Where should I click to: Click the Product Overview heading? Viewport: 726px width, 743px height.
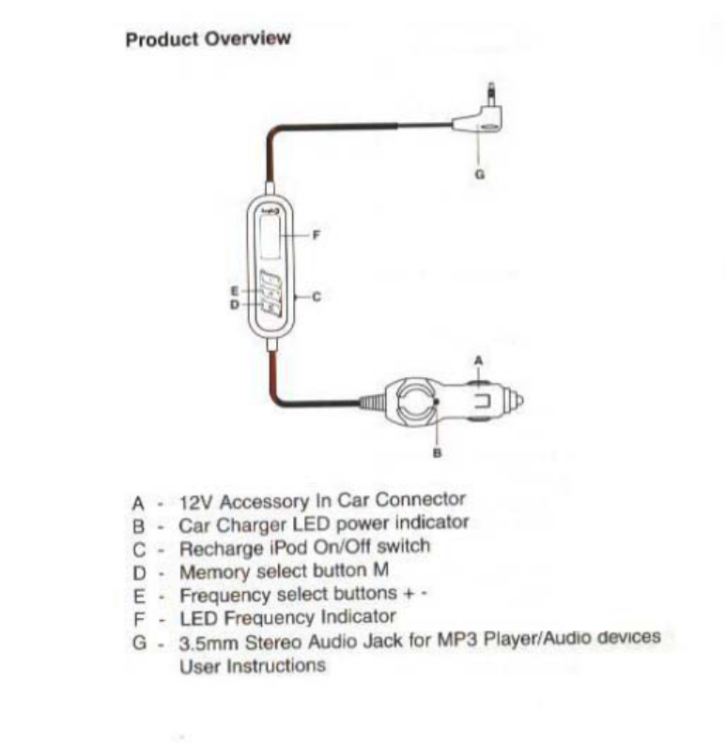pyautogui.click(x=208, y=39)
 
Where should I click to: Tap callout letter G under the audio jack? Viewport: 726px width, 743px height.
pyautogui.click(x=480, y=174)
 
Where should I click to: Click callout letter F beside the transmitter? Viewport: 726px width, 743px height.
pyautogui.click(x=316, y=235)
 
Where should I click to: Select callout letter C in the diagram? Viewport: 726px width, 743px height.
pyautogui.click(x=317, y=296)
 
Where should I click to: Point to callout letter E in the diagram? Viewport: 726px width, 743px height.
pyautogui.click(x=235, y=291)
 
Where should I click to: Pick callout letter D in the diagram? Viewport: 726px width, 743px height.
pyautogui.click(x=235, y=304)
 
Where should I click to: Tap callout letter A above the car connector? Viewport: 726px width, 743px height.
pyautogui.click(x=478, y=359)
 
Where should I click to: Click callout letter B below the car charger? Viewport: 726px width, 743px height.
pyautogui.click(x=437, y=452)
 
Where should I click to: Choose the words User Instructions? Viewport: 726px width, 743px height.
pyautogui.click(x=252, y=666)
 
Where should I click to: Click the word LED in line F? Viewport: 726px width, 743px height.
pyautogui.click(x=193, y=617)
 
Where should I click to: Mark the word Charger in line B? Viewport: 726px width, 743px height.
pyautogui.click(x=239, y=523)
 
